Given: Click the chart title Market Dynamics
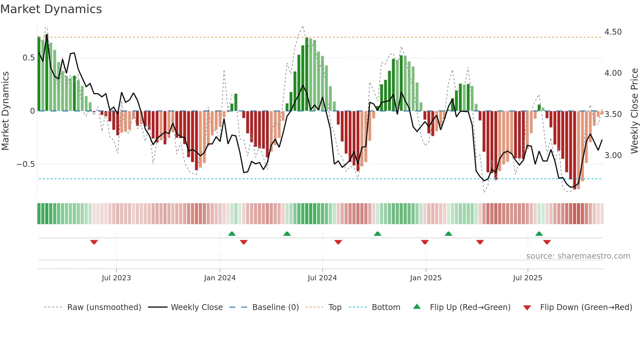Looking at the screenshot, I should (51, 9).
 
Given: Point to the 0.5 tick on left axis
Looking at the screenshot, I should (28, 58).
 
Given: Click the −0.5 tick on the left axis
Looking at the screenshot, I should (26, 164).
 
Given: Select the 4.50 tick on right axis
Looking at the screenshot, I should (613, 32).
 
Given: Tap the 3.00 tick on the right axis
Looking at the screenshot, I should (613, 155).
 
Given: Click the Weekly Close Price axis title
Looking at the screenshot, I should (634, 111).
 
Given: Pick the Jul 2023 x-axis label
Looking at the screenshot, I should (116, 278).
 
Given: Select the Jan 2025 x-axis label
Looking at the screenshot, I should (425, 278).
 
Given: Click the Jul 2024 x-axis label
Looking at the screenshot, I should (322, 278).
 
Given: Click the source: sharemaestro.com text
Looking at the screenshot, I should (578, 256).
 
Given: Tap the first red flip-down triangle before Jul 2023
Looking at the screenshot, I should (94, 242).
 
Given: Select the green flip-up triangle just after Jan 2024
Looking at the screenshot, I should (232, 234).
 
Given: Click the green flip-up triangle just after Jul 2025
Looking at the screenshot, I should (539, 234).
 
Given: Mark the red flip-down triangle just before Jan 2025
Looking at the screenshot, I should (425, 242).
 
